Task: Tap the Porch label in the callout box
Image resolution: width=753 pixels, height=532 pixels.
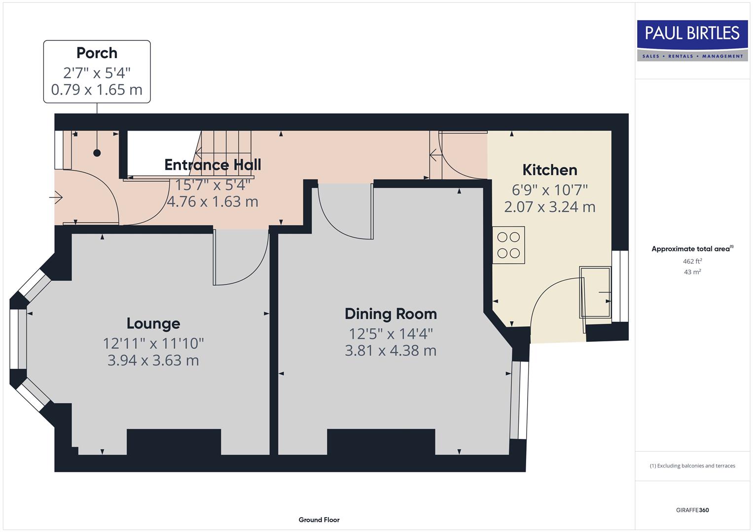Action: [x=97, y=53]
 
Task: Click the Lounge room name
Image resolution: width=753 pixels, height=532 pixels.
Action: [x=153, y=323]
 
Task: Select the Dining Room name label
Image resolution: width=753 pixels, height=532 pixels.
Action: [x=391, y=314]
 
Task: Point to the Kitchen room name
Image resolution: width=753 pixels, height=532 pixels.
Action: [x=549, y=170]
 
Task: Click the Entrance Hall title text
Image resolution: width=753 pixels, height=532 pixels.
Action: [x=213, y=165]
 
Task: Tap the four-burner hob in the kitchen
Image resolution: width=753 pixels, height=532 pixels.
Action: [x=508, y=245]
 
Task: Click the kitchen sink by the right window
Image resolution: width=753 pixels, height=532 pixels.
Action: [x=595, y=292]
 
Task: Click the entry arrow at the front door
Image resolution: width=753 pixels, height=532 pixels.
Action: [x=56, y=198]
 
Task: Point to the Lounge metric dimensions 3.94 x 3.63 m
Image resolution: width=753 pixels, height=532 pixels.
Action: [x=153, y=360]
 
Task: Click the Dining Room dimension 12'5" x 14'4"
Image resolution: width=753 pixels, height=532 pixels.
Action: [x=391, y=333]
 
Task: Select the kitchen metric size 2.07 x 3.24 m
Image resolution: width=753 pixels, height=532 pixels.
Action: [x=549, y=207]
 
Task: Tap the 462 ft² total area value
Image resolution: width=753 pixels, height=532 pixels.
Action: [x=692, y=262]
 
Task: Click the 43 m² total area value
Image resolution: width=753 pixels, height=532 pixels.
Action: [x=692, y=272]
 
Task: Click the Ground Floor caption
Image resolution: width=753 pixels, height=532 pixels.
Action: [x=319, y=520]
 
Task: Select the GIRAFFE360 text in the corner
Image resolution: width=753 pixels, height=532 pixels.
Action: [x=692, y=510]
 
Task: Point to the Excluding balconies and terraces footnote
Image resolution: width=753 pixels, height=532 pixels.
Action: [x=692, y=465]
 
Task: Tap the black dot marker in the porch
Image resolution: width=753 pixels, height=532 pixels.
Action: [x=97, y=153]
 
